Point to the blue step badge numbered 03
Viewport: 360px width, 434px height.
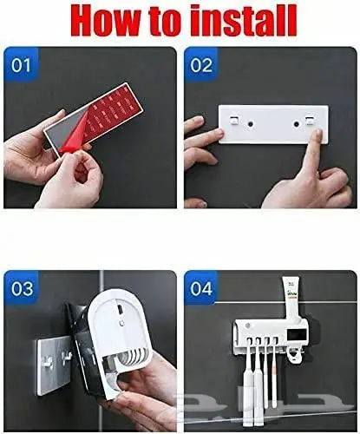[21, 288]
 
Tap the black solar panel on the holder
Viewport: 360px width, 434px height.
[296, 335]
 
